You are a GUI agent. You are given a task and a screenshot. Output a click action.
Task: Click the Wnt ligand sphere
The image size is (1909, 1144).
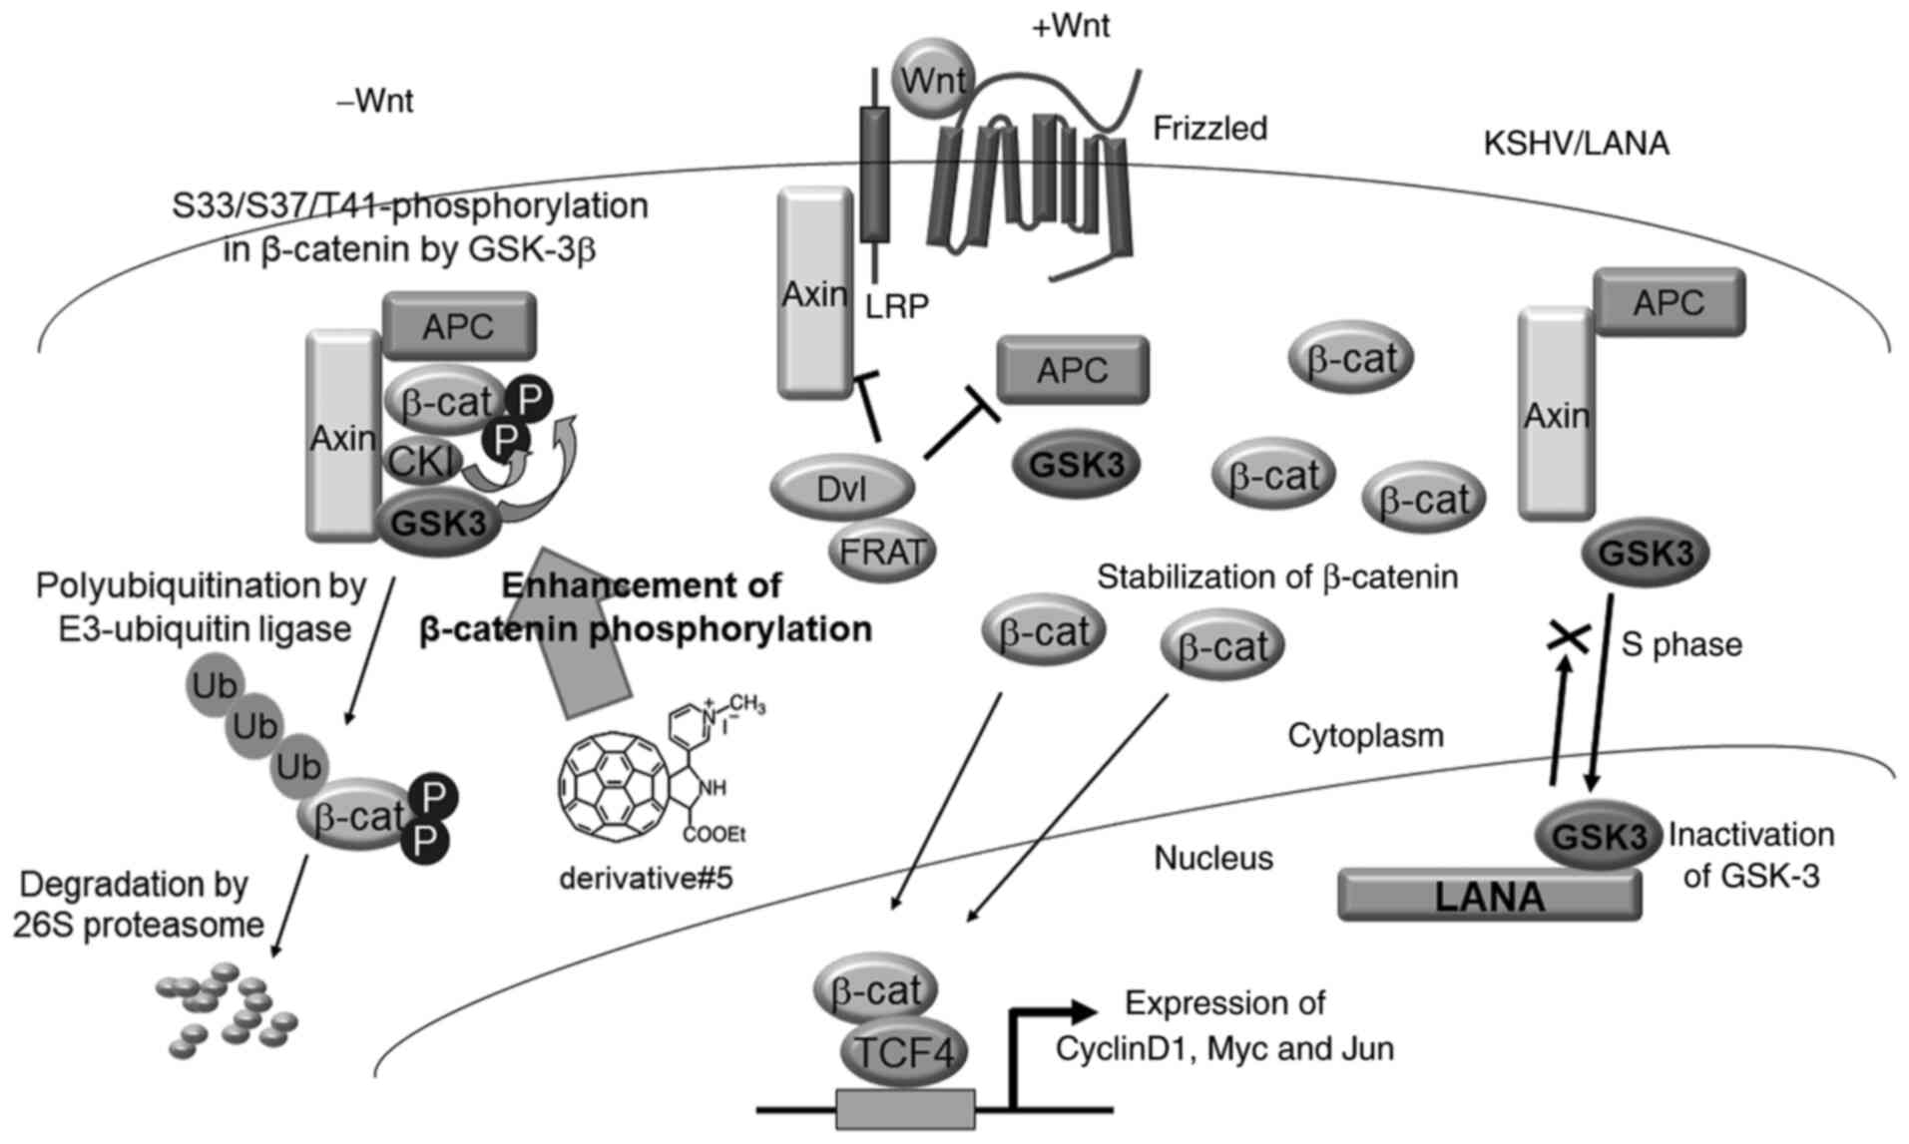click(932, 80)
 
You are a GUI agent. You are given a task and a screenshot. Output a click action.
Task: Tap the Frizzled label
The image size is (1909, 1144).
click(1209, 129)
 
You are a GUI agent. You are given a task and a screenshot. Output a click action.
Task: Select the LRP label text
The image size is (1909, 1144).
click(896, 307)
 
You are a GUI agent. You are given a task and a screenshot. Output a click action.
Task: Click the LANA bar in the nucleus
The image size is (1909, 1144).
click(1488, 895)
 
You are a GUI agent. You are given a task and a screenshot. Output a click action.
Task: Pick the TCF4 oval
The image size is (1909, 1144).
click(903, 1051)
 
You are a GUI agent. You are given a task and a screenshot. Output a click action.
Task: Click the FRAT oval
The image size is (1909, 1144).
click(882, 551)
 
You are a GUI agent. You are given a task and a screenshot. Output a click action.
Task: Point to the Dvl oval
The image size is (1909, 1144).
click(842, 489)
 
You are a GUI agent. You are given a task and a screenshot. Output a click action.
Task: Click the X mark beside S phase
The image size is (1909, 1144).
click(1567, 636)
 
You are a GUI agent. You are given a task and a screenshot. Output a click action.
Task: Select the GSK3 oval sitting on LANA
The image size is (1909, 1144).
click(1598, 837)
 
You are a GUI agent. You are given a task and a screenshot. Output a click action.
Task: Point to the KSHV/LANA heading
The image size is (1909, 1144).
click(1576, 145)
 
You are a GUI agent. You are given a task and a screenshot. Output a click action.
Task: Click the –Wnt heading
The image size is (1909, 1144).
click(375, 102)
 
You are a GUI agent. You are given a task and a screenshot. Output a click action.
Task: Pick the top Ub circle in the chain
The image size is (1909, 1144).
click(214, 685)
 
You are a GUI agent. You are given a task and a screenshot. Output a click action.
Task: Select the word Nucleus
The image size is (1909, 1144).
click(1213, 858)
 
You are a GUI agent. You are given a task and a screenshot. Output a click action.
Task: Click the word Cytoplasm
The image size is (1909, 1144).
click(1365, 736)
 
